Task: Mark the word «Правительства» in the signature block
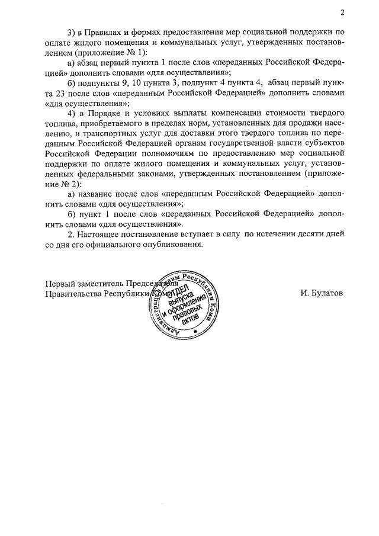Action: click(x=73, y=293)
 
